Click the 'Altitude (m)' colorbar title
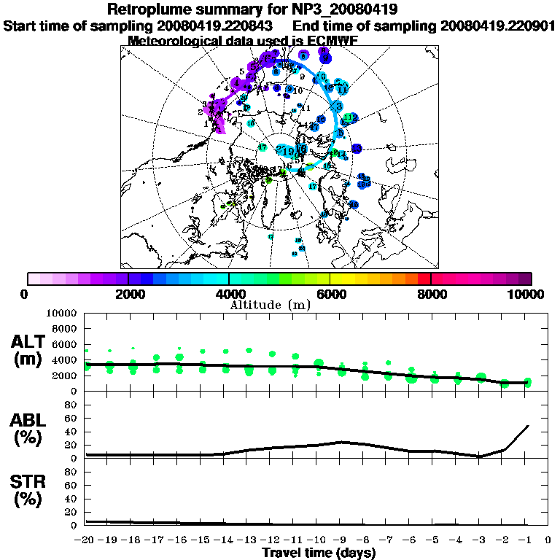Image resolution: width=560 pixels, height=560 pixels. pos(271,304)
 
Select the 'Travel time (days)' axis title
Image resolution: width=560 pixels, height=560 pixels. pos(319,553)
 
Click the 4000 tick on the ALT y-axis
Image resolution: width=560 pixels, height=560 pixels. pos(64,359)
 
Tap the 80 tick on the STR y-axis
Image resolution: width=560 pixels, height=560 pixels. pos(72,471)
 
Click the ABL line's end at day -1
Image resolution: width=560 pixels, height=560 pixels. pos(527,426)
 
